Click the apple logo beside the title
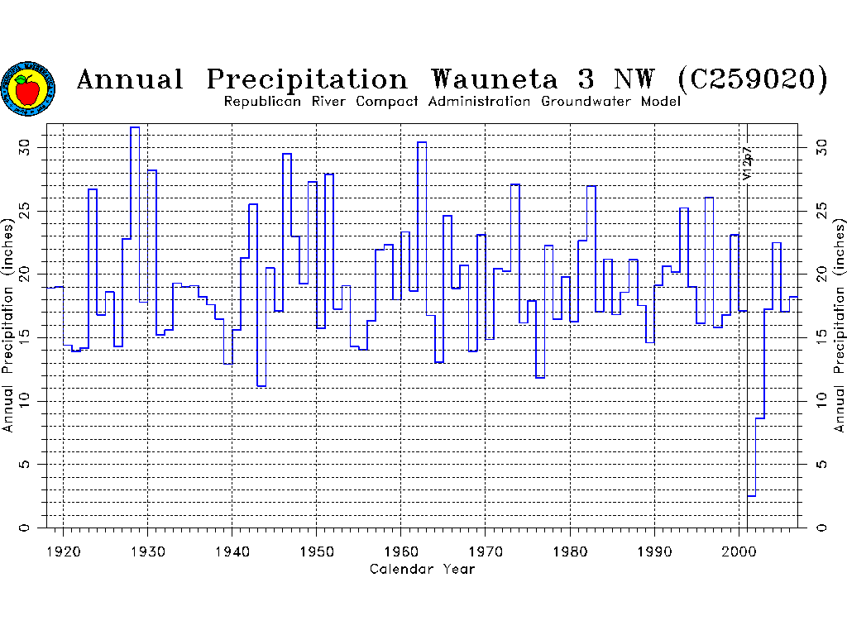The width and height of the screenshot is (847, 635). [x=29, y=88]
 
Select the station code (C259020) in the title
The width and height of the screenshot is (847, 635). [x=752, y=80]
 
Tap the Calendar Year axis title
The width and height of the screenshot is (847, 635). [x=423, y=569]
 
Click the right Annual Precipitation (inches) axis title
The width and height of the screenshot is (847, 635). [x=840, y=325]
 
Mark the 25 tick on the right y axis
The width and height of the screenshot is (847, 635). [x=821, y=211]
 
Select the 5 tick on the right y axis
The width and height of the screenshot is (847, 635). [x=821, y=464]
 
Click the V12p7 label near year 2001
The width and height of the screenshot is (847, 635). [x=747, y=164]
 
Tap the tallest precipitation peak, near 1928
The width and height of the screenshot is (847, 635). [x=135, y=128]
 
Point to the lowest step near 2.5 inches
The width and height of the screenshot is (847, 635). [x=751, y=495]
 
